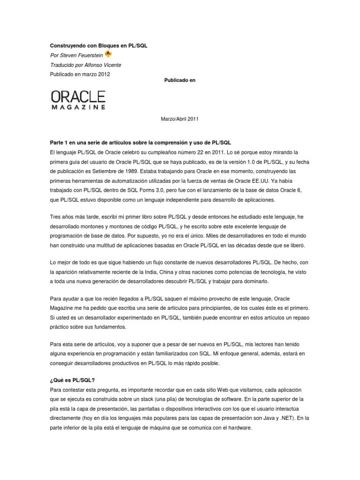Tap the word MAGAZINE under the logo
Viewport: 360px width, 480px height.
coord(78,107)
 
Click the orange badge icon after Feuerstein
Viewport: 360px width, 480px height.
coord(109,54)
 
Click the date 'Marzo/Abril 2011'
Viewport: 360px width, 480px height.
coord(180,119)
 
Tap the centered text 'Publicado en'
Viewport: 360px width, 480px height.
coord(180,80)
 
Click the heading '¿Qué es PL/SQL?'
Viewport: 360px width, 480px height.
coord(72,381)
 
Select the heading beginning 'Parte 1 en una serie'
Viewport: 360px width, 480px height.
coord(141,142)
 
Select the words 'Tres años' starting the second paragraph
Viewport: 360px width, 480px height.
coord(62,217)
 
